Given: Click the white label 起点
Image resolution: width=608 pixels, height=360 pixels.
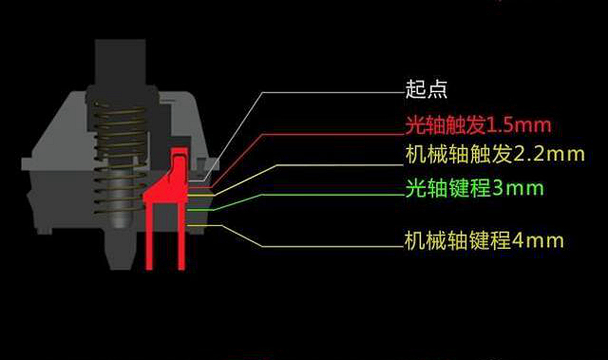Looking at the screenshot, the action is (x=426, y=90).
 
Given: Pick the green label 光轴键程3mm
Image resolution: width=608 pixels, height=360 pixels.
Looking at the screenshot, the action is (x=474, y=189).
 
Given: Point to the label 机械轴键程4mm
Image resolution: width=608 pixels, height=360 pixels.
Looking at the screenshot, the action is (x=484, y=240).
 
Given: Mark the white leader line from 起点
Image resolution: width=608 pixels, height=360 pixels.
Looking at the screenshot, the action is (x=329, y=93).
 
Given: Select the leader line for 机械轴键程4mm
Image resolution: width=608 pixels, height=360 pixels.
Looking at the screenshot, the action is (x=329, y=247).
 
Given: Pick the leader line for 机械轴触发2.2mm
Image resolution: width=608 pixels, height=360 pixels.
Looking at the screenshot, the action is (x=329, y=165).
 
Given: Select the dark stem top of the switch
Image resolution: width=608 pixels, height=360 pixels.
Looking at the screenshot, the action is (x=121, y=61).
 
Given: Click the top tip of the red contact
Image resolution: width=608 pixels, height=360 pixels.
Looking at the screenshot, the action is (x=177, y=150).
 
